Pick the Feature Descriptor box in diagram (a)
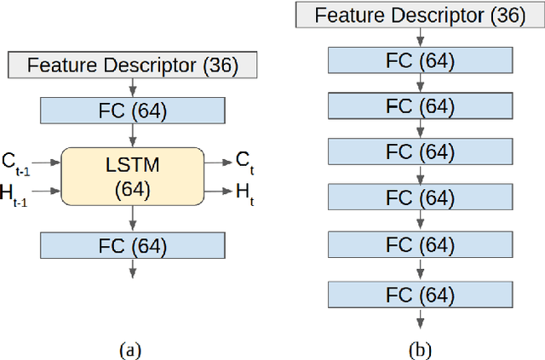[132, 65]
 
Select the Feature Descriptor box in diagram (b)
[420, 14]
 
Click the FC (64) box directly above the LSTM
[132, 111]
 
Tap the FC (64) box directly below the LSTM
[132, 246]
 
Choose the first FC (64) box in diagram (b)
[420, 60]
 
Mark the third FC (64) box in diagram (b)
[420, 152]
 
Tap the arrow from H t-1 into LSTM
[49, 193]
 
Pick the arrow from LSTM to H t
[216, 193]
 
